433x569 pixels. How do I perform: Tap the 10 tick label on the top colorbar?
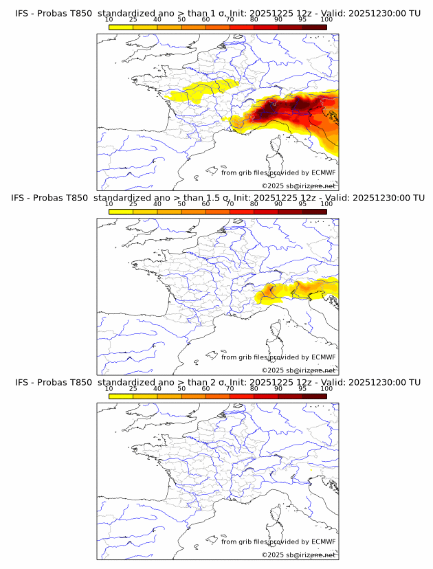point(109,19)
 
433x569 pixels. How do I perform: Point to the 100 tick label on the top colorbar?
point(326,19)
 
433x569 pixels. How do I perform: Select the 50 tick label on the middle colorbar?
point(181,204)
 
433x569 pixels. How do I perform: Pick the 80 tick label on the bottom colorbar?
point(254,389)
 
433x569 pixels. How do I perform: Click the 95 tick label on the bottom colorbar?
point(302,389)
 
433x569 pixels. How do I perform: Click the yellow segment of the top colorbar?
point(121,27)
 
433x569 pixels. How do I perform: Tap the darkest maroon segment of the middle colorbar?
point(314,212)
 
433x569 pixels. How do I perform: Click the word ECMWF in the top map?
point(323,172)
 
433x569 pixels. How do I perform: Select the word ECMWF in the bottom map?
point(323,542)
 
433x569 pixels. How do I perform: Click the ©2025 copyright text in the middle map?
point(298,370)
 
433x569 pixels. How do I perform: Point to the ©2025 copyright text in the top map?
point(298,186)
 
